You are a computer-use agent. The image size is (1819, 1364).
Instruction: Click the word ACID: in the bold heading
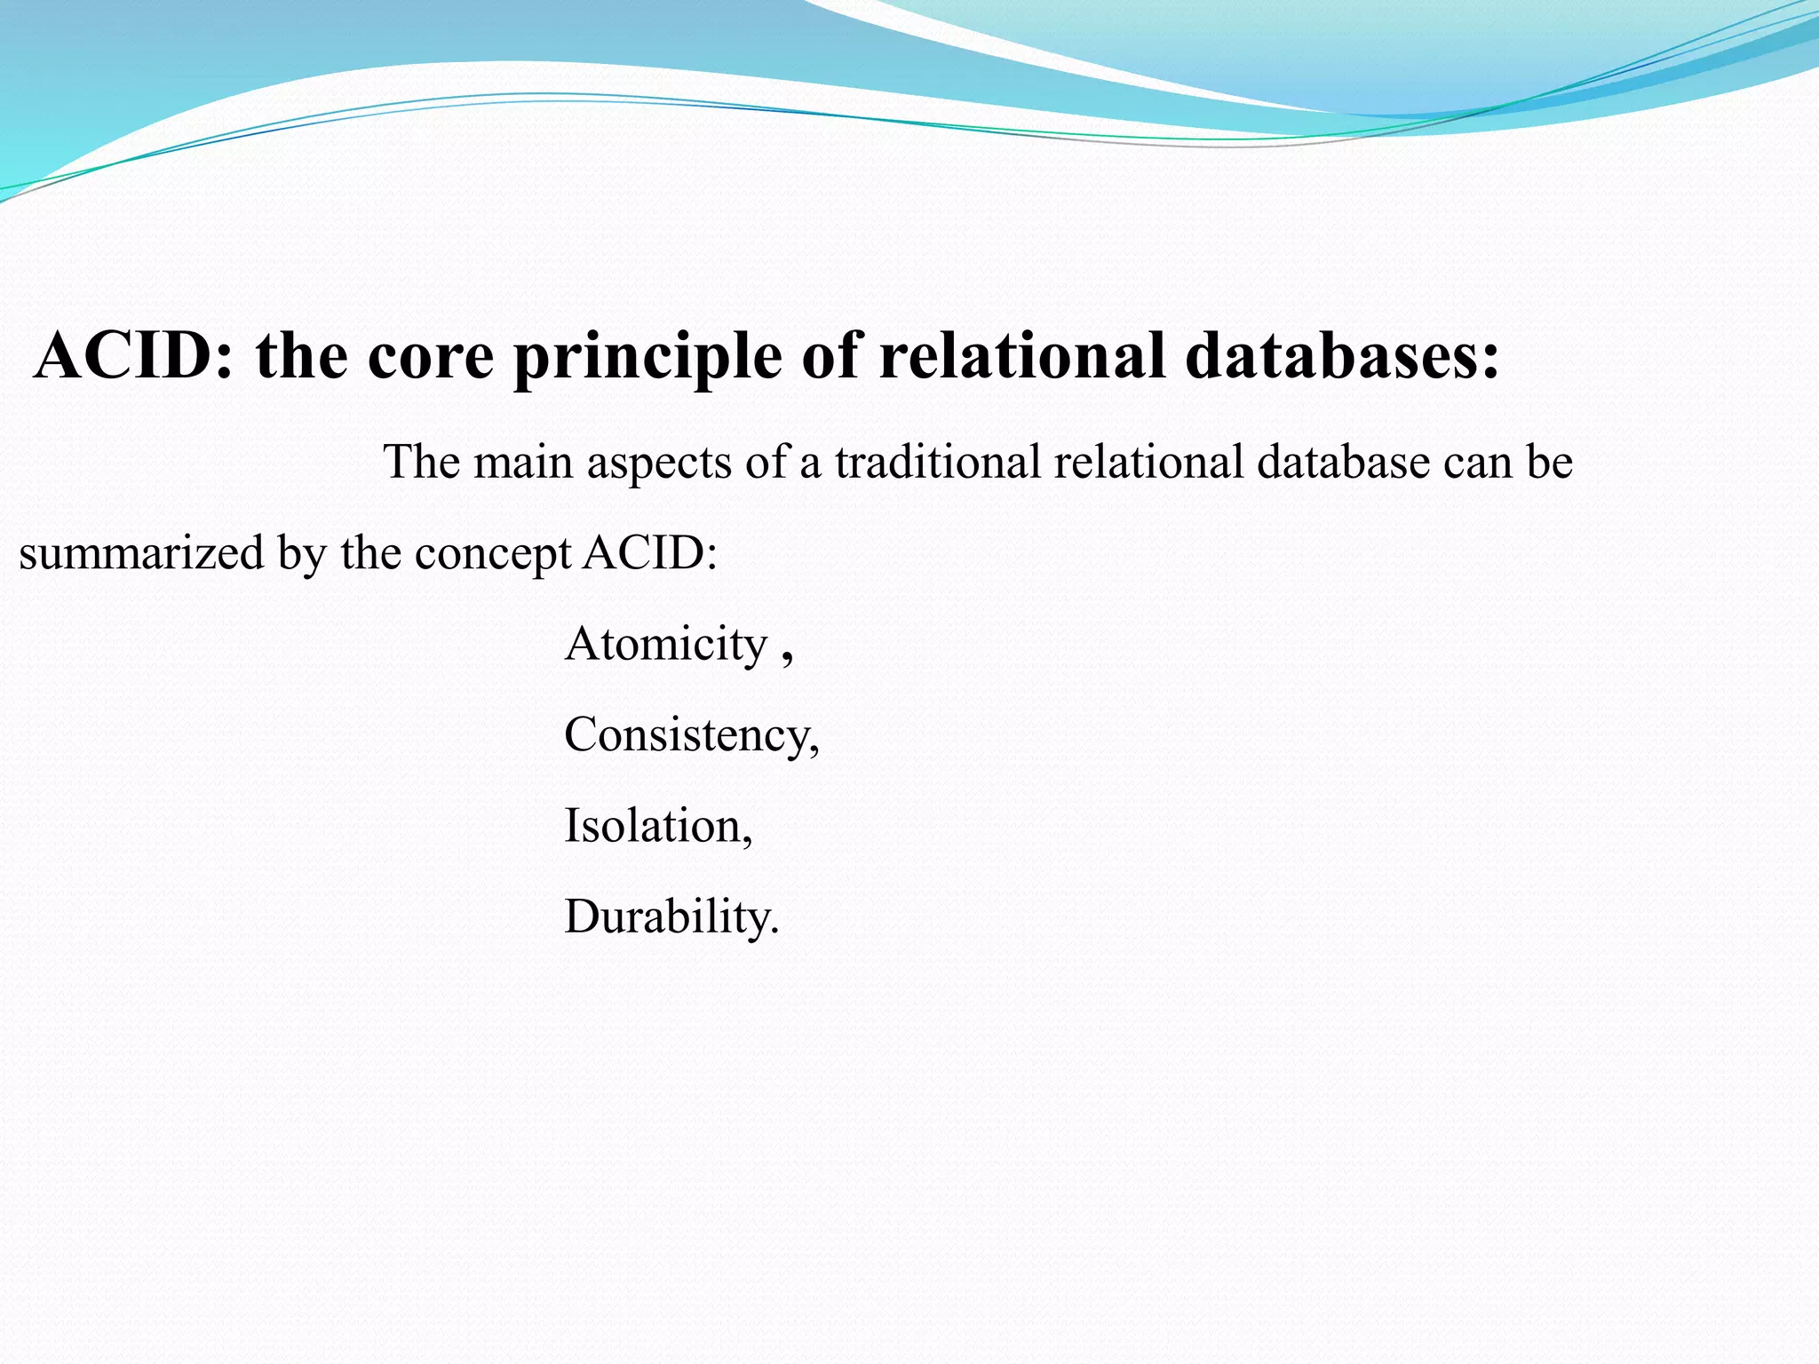(134, 355)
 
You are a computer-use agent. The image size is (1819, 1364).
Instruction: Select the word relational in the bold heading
(1021, 355)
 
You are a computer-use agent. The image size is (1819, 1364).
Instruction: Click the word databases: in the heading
(1342, 355)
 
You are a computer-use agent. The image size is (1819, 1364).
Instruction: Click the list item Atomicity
(665, 643)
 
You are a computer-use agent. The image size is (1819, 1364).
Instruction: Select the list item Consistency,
(691, 735)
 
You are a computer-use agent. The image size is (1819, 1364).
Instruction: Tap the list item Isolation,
(658, 826)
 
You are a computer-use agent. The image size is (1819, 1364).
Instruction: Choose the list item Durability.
(671, 916)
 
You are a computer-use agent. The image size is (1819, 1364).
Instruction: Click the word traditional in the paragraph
(937, 462)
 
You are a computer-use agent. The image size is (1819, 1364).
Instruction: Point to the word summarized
(141, 552)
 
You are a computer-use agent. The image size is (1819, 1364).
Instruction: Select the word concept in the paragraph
(492, 554)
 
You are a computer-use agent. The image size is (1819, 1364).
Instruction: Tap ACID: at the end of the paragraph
(650, 552)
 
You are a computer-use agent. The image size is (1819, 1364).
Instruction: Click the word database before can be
(1342, 462)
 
